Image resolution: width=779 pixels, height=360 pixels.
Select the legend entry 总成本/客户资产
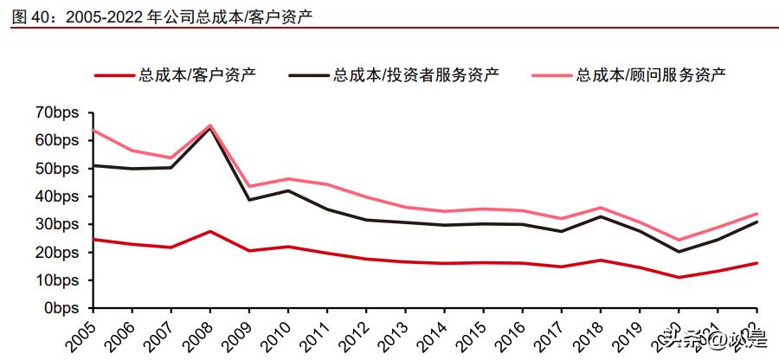click(x=196, y=75)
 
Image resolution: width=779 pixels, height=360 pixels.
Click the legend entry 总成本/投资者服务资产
click(x=415, y=75)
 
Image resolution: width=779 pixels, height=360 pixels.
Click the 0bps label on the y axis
click(x=62, y=308)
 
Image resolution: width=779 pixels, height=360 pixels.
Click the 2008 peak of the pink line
click(x=210, y=125)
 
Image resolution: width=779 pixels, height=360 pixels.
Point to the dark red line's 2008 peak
click(x=210, y=231)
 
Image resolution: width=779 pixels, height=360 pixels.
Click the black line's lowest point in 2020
click(x=679, y=252)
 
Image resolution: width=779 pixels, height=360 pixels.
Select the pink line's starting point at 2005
click(x=93, y=130)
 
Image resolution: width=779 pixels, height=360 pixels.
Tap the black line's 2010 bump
click(x=288, y=190)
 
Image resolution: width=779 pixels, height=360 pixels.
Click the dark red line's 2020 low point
click(x=679, y=278)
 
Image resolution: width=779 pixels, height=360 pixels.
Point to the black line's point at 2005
click(x=93, y=165)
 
